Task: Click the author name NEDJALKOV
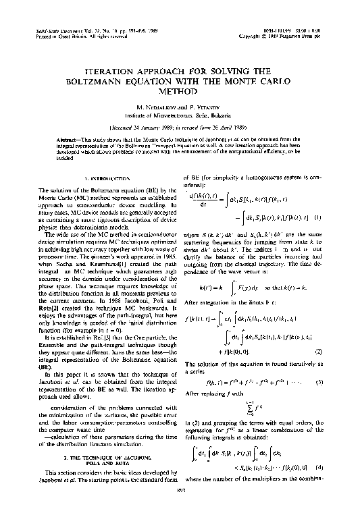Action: (x=165, y=107)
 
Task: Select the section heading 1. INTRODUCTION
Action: (x=102, y=179)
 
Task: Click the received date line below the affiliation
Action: (x=180, y=126)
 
